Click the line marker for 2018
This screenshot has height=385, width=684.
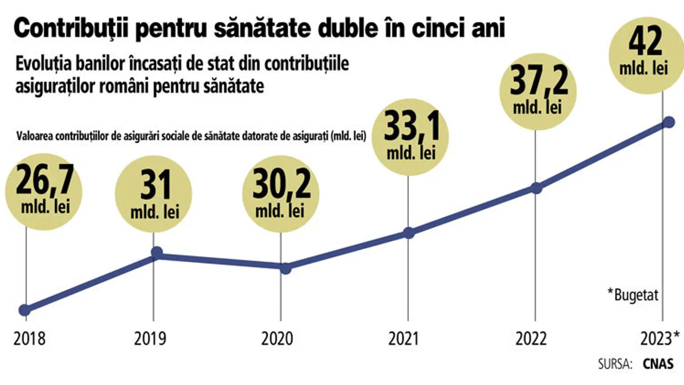coord(25,310)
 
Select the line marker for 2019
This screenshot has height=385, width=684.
coord(157,253)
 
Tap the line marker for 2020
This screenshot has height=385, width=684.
coord(286,268)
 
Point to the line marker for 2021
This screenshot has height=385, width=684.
coord(408,233)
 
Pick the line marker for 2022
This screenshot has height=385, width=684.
coord(536,188)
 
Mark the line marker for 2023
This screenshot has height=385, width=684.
coord(669,123)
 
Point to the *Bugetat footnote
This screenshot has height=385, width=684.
coord(633,295)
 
